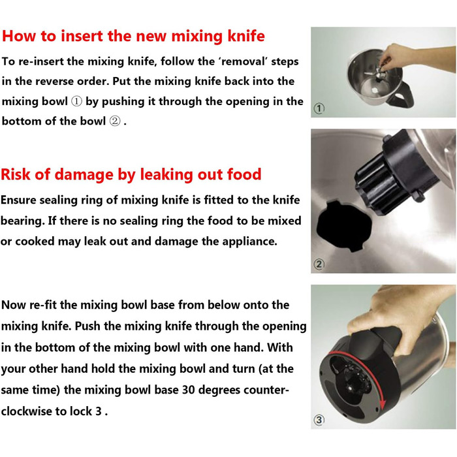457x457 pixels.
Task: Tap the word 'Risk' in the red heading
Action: pos(16,174)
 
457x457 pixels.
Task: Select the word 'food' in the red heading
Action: pos(244,174)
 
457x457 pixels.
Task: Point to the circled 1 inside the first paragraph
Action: pos(76,101)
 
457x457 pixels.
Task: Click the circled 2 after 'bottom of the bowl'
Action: pos(114,121)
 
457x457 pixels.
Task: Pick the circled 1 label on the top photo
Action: pos(319,108)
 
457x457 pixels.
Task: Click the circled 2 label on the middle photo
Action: pos(319,264)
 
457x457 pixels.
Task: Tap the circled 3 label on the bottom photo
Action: pos(319,420)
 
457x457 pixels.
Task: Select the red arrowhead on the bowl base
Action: pos(383,405)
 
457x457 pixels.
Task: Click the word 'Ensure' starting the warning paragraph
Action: pos(18,200)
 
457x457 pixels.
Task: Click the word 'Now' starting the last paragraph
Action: pos(14,305)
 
